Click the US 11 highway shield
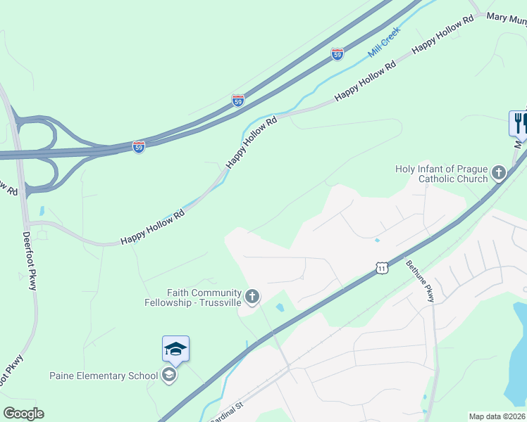coord(381,268)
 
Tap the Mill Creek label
coord(384,42)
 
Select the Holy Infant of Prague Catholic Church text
coord(442,174)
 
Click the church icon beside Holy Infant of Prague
coord(499,173)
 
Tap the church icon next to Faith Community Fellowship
coord(252,298)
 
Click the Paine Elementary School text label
coord(103,376)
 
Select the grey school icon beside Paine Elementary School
coord(168,376)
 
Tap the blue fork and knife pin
coord(519,122)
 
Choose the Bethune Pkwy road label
coord(421,282)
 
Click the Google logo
coord(23,414)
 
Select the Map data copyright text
coord(497,416)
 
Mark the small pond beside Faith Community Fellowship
coord(280,308)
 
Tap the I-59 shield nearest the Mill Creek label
coord(337,54)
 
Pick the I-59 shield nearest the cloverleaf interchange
coord(139,147)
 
